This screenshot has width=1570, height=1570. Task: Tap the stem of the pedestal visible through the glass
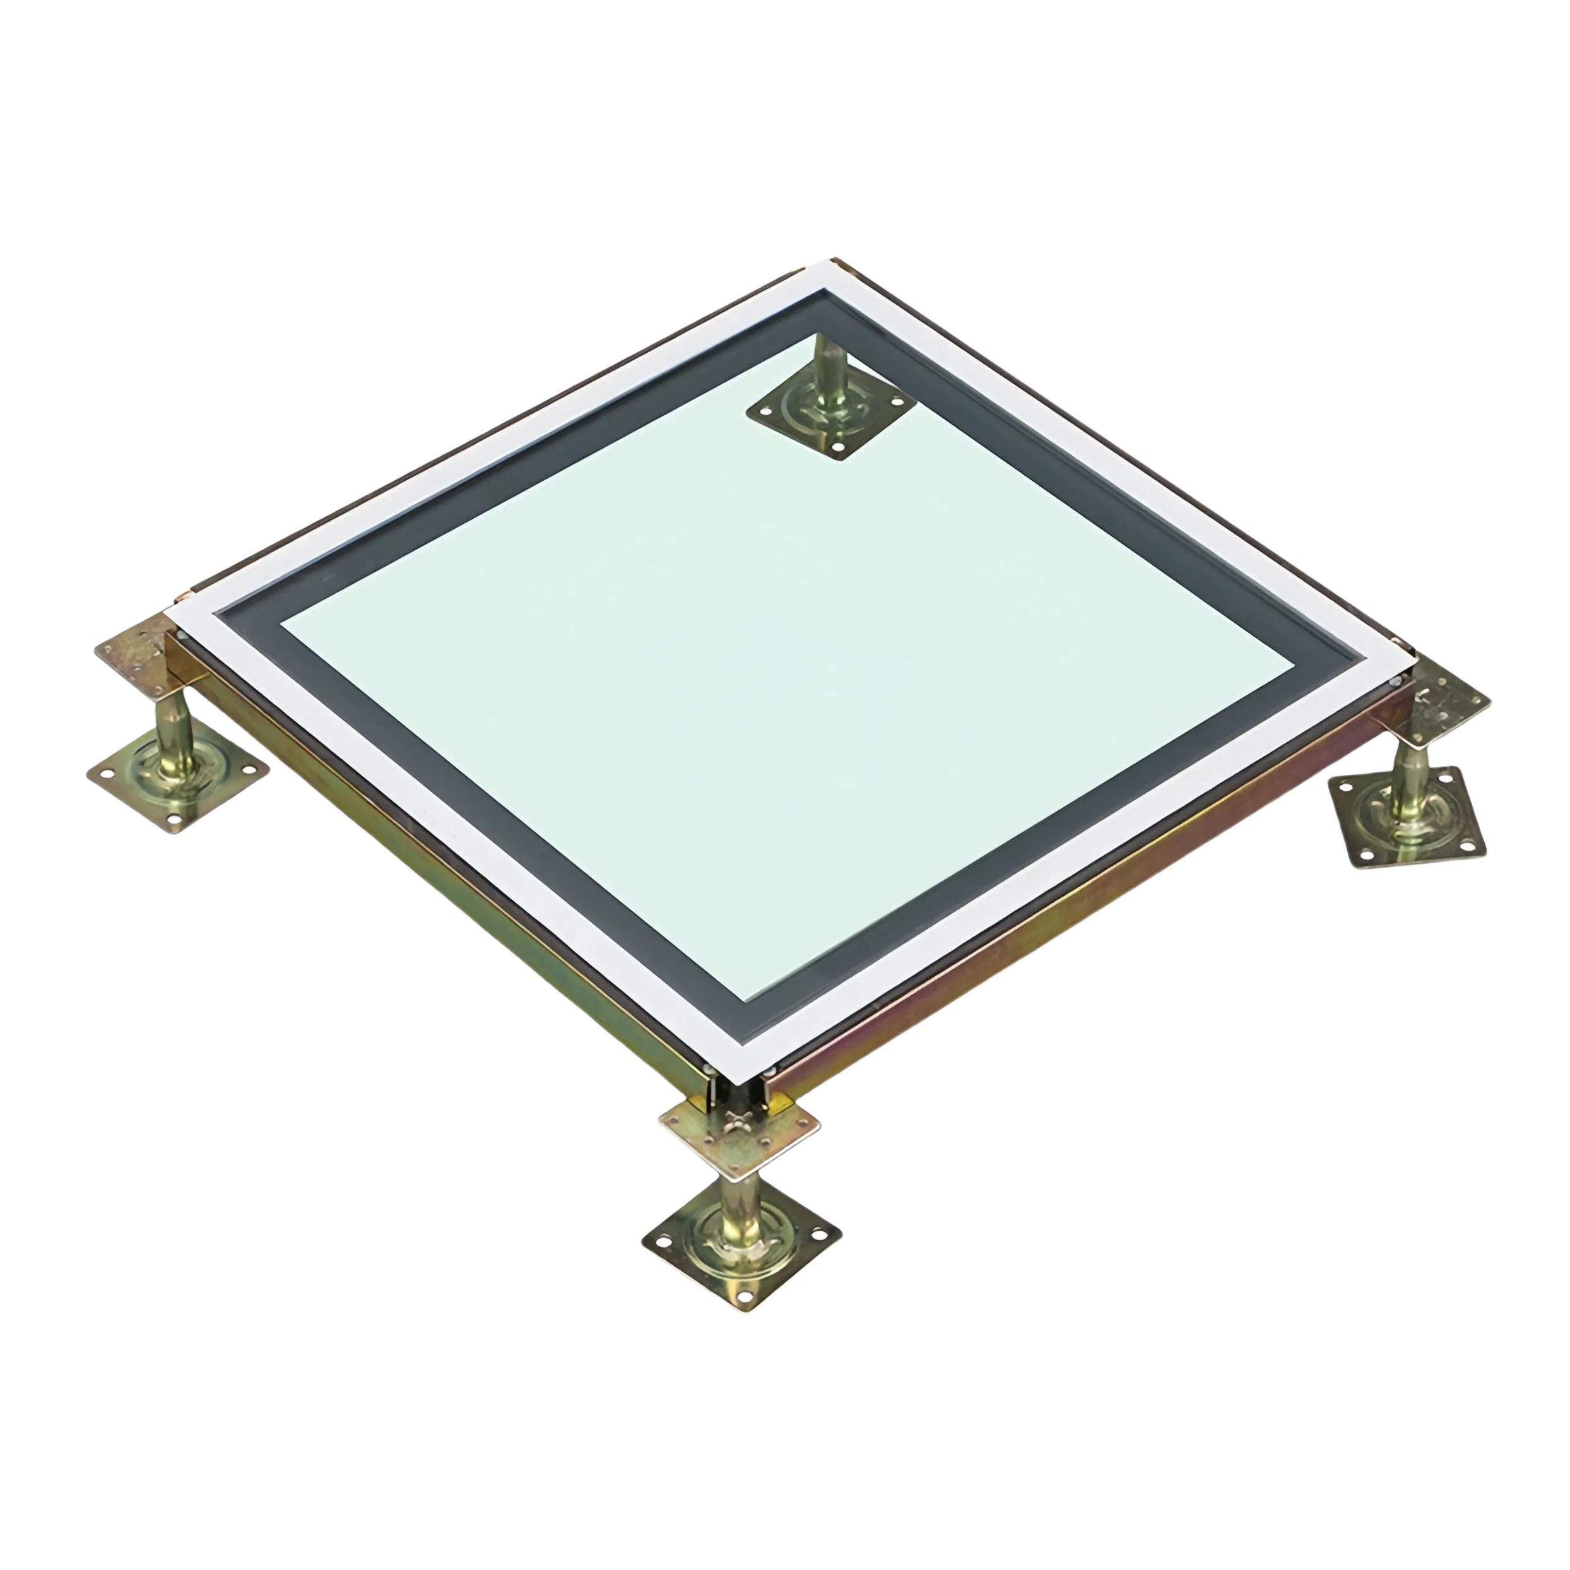click(x=831, y=366)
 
